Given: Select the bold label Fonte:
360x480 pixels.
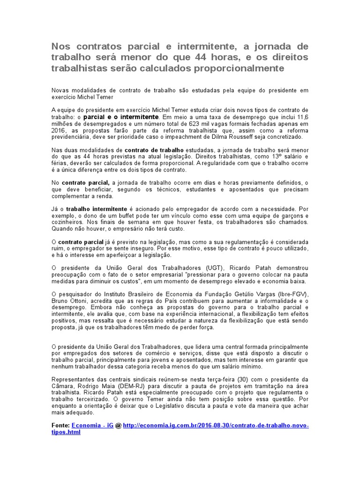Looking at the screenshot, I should (x=60, y=425).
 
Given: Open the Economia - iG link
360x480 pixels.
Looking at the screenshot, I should (x=93, y=425).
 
